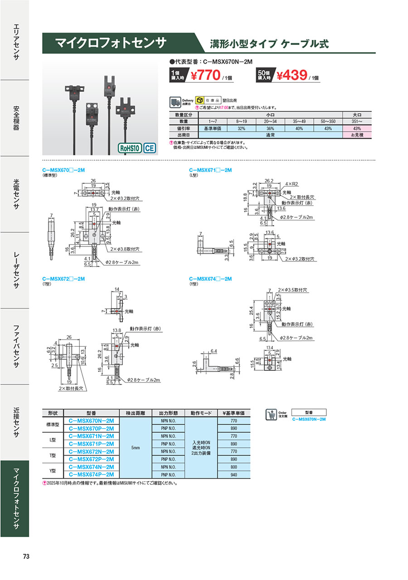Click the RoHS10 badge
click(130, 148)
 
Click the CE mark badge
click(150, 148)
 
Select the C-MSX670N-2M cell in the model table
click(91, 421)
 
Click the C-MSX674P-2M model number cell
click(91, 474)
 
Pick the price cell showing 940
click(233, 474)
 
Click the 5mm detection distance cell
click(136, 447)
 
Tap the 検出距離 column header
click(136, 413)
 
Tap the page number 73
click(26, 556)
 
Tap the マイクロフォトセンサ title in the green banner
click(111, 43)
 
